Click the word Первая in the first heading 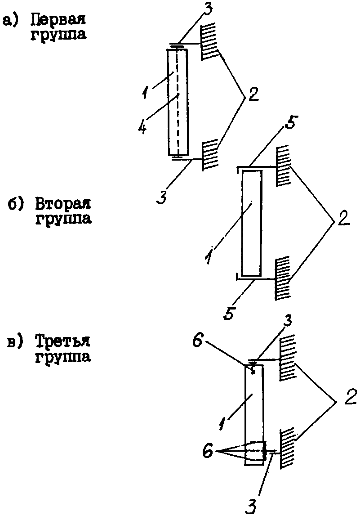pos(58,20)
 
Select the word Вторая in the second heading pos(62,204)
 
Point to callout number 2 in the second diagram pos(342,218)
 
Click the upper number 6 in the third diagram pos(197,341)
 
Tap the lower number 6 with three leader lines pos(208,451)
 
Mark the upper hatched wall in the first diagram pos(209,41)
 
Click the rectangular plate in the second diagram pos(252,223)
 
